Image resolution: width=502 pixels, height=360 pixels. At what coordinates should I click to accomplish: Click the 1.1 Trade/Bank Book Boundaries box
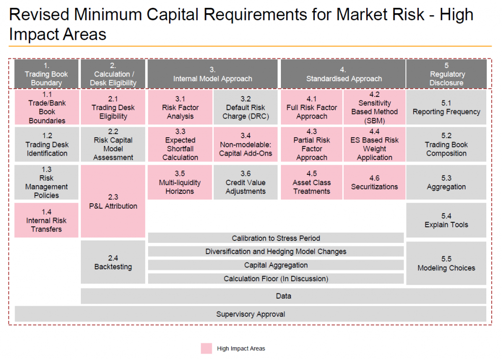(x=47, y=107)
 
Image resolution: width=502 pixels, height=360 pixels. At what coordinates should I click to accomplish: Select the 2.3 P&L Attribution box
(x=113, y=201)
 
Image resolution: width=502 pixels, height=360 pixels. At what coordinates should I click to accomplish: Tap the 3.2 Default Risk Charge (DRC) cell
(x=246, y=107)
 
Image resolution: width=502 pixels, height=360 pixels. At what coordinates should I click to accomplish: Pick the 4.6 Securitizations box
(x=374, y=182)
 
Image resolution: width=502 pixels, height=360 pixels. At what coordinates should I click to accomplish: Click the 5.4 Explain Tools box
(x=446, y=220)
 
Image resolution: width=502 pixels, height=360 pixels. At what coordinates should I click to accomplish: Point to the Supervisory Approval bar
(x=251, y=314)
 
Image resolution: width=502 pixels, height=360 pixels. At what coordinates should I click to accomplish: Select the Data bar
(x=283, y=296)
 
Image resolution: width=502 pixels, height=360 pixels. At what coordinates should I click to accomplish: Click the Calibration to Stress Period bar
(x=276, y=238)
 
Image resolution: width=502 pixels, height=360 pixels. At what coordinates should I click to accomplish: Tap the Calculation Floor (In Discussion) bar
(x=276, y=279)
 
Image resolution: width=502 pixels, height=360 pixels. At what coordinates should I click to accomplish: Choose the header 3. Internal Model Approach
(x=213, y=74)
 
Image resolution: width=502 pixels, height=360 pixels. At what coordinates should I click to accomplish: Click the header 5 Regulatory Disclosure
(x=446, y=74)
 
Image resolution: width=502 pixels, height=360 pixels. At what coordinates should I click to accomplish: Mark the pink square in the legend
(x=206, y=348)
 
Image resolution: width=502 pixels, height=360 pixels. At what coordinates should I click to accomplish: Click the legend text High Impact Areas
(x=241, y=348)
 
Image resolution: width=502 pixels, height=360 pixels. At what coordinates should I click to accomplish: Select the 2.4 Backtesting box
(x=113, y=262)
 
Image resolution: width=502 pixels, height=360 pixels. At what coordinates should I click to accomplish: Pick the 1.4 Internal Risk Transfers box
(x=47, y=220)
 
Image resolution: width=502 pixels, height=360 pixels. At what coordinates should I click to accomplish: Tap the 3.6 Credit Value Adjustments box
(x=246, y=182)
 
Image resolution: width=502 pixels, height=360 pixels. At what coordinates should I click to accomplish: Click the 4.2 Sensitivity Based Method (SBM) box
(x=374, y=107)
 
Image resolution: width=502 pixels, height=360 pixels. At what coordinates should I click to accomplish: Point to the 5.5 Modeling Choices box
(x=446, y=263)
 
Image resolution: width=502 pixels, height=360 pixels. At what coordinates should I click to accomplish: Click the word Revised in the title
(x=39, y=15)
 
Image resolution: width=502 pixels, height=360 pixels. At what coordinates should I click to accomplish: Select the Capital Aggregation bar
(x=276, y=265)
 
